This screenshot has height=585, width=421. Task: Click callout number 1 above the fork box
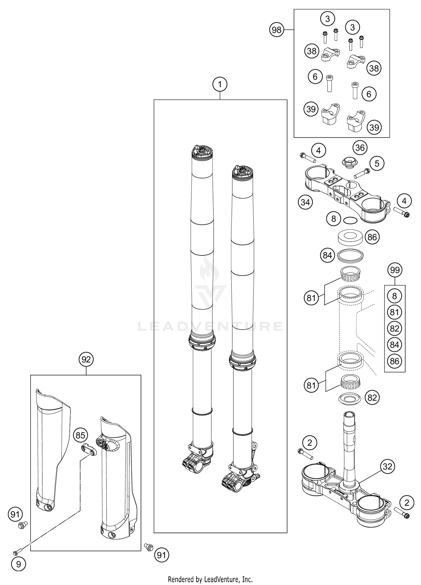(220, 84)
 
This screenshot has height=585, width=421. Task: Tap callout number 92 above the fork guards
(86, 359)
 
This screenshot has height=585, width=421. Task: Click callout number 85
(81, 435)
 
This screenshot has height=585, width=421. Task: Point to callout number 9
(19, 564)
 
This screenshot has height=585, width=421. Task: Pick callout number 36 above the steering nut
(360, 148)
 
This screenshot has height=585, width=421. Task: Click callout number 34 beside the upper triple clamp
(305, 202)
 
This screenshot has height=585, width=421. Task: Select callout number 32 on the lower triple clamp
(388, 467)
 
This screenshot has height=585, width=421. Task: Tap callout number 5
(377, 163)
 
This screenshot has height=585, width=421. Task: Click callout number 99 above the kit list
(395, 270)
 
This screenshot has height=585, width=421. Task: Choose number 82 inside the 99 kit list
(395, 328)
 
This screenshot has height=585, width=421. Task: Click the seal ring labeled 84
(350, 255)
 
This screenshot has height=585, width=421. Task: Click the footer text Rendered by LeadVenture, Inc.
(210, 579)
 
